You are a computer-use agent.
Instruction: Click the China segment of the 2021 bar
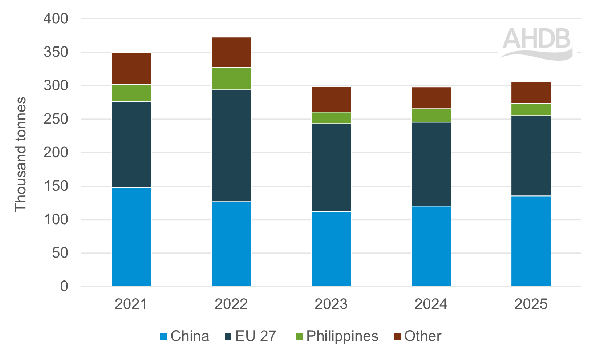coord(131,237)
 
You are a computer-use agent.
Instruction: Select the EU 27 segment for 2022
coord(231,146)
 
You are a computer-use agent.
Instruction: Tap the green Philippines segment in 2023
coord(331,118)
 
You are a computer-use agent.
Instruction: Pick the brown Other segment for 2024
coord(431,98)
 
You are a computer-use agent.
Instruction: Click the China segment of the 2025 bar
coord(531,241)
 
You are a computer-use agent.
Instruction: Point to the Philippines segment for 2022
coord(231,78)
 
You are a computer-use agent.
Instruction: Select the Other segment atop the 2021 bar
coord(131,69)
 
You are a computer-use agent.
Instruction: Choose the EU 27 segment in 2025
coord(531,156)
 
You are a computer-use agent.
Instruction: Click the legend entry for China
coord(185,336)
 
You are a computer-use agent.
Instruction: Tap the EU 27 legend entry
coord(251,336)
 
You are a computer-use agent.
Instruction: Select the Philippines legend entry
coord(337,336)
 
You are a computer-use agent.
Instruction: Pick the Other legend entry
coord(418,336)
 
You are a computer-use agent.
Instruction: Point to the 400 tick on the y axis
coord(56,19)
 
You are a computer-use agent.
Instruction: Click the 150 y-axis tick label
coord(56,186)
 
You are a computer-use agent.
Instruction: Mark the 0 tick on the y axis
coord(64,286)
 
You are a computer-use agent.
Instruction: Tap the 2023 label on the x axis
coord(331,304)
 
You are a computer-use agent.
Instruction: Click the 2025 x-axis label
coord(531,304)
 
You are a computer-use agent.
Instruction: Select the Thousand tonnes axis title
coord(20,154)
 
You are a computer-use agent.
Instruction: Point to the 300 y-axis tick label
coord(56,86)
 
